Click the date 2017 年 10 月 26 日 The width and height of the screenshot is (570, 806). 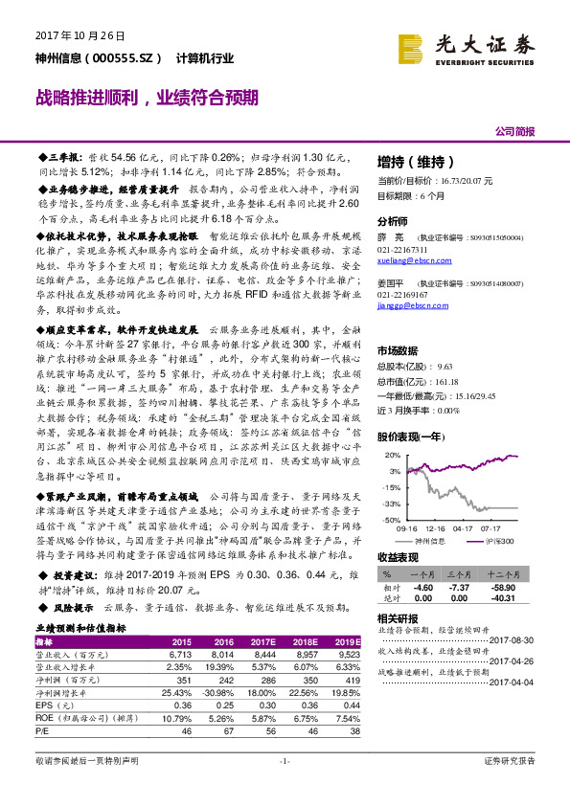click(x=80, y=35)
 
